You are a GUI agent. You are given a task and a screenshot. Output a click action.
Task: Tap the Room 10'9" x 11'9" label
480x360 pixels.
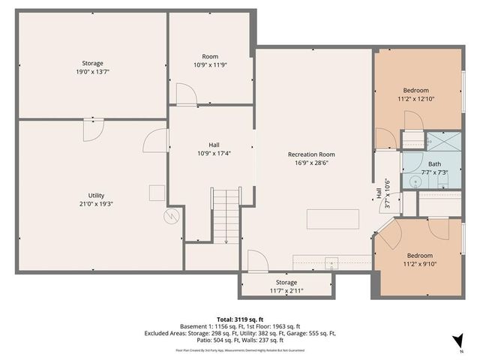pos(210,61)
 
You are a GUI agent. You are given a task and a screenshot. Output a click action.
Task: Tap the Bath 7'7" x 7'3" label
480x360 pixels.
pos(435,167)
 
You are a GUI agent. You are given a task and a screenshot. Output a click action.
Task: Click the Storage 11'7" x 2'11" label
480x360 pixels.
pos(286,286)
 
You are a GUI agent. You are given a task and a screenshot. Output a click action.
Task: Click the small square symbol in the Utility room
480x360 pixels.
pos(156,193)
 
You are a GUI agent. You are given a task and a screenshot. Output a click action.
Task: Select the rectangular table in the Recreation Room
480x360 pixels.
pos(333,219)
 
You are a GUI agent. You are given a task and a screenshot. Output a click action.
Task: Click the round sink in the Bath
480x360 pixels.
pos(413,181)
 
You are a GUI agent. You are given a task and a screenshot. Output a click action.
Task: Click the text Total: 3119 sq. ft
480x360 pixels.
pos(240,319)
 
